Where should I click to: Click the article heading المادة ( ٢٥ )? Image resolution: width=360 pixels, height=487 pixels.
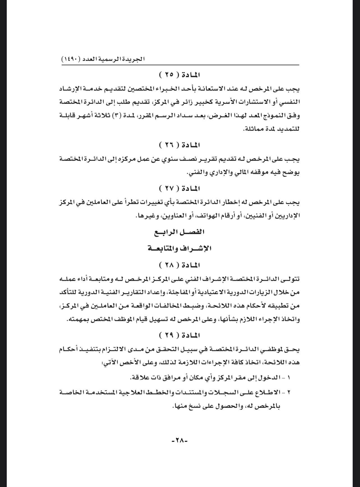(x=180, y=75)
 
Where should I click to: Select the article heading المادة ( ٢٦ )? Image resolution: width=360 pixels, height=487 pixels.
(x=180, y=145)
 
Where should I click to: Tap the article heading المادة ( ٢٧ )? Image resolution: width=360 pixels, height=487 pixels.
(x=180, y=188)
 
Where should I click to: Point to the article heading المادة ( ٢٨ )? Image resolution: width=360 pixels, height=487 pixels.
(x=180, y=265)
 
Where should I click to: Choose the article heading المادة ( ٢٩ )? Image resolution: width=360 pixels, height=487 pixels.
(x=180, y=335)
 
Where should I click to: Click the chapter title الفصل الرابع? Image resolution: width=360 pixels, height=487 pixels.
(x=180, y=232)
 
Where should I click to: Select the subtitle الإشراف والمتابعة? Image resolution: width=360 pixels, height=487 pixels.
(x=180, y=248)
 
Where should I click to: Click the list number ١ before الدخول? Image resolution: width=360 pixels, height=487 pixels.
(x=289, y=378)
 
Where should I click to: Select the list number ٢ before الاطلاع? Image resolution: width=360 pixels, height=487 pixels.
(x=289, y=392)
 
